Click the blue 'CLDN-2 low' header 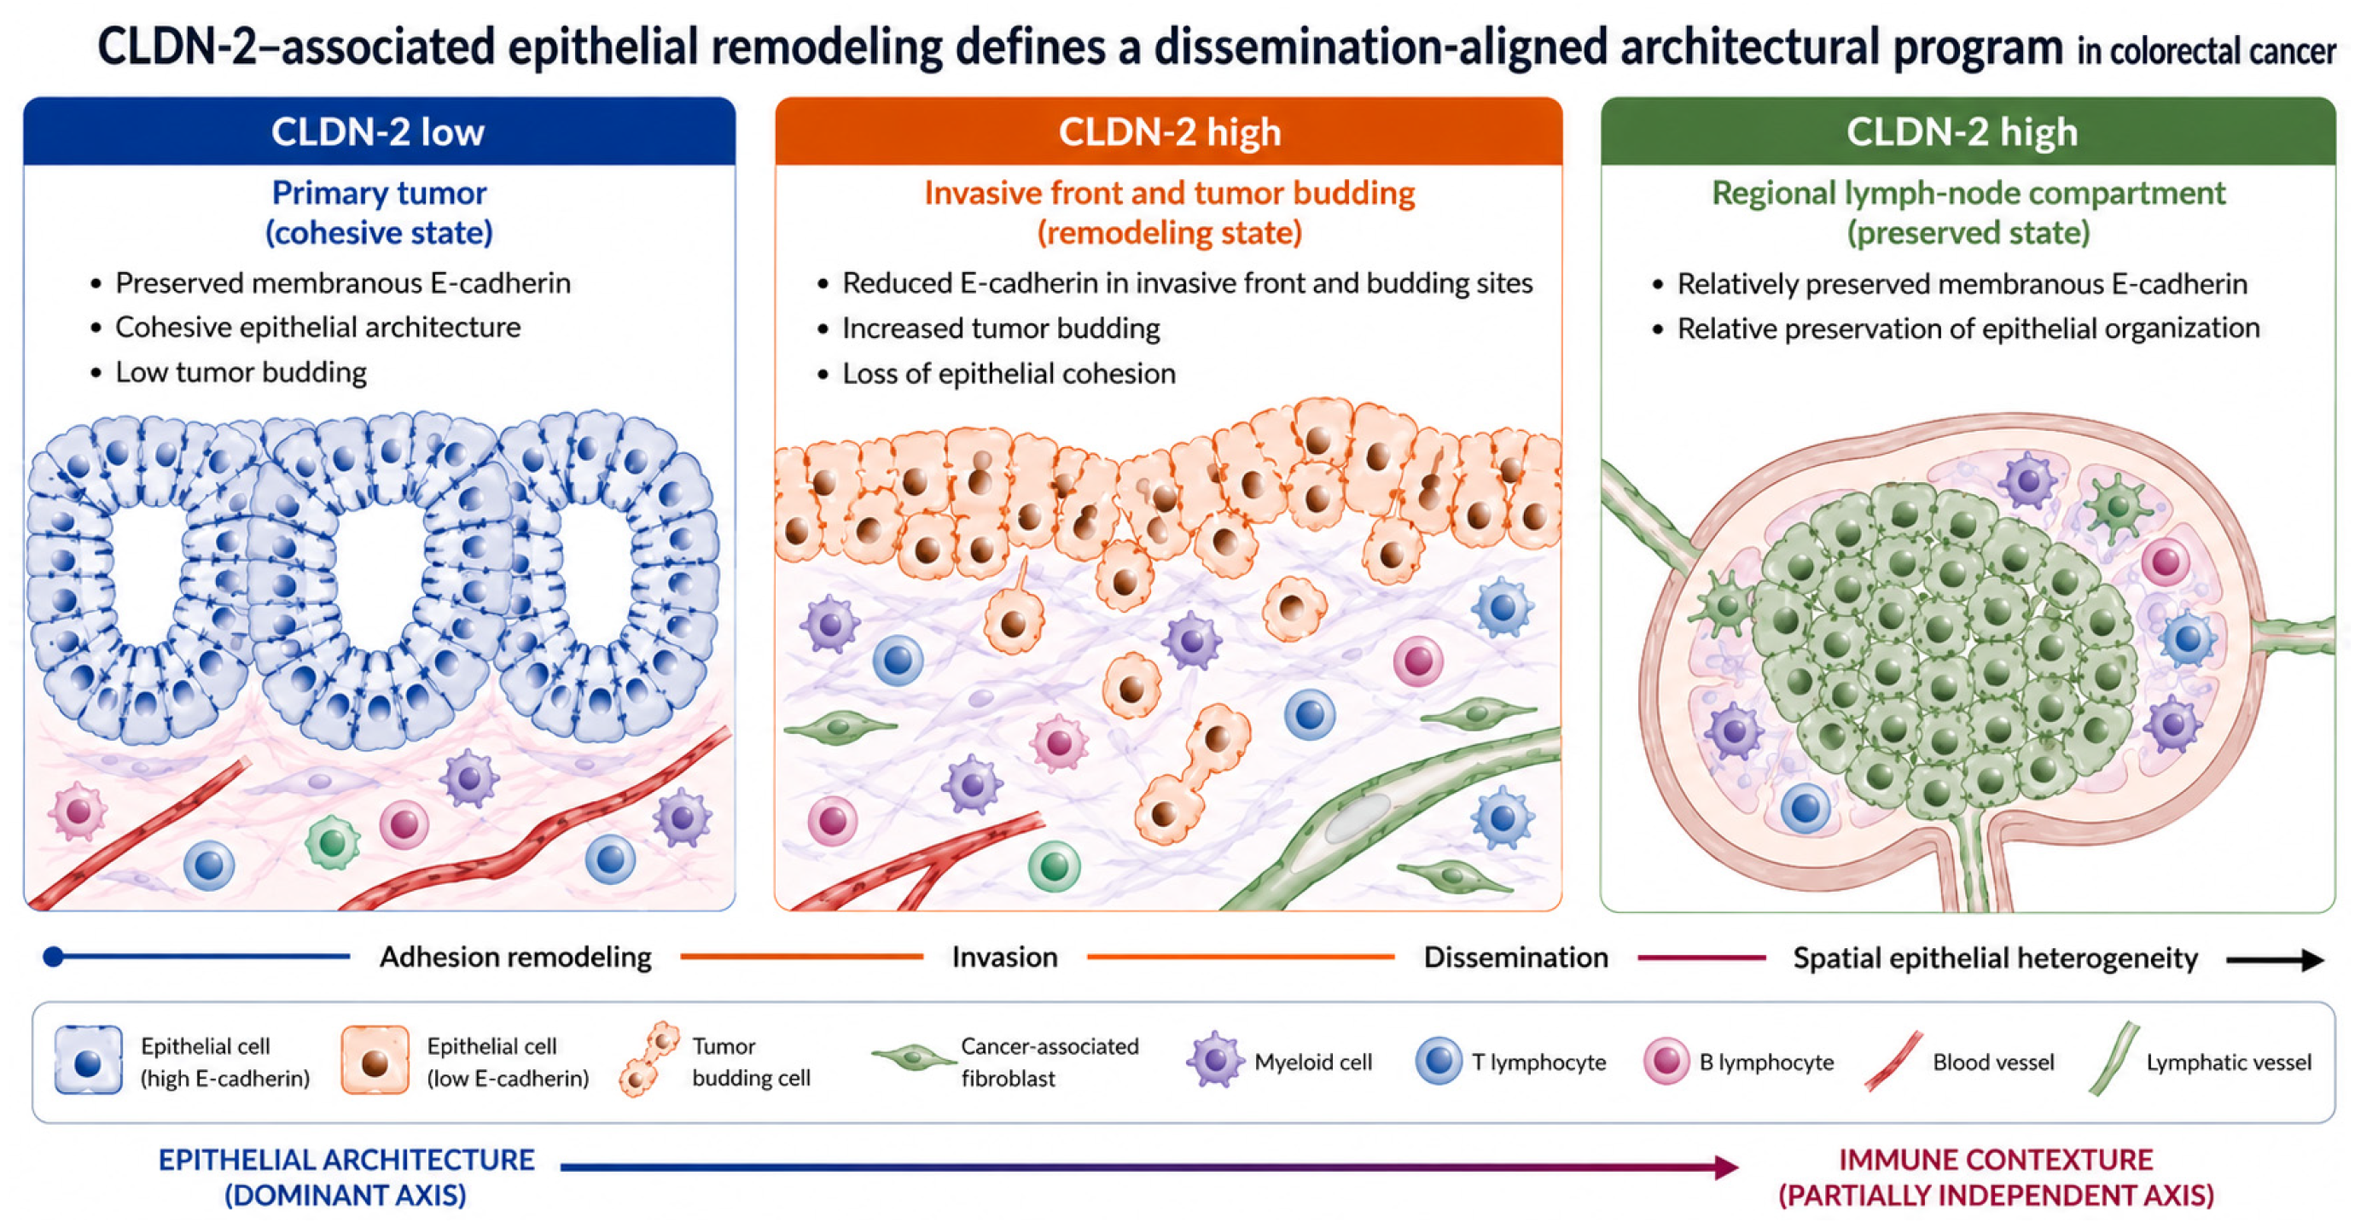coord(379,131)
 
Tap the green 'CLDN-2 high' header coord(1968,131)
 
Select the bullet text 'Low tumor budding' coord(241,372)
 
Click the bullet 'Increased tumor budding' coord(1001,329)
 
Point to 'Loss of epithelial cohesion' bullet coord(1009,373)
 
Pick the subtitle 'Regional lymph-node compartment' coord(1968,193)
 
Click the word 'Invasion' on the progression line coord(1005,957)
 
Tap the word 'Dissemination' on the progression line coord(1515,957)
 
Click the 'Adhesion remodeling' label coord(515,957)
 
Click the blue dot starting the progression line coord(54,957)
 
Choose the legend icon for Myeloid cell coord(1215,1060)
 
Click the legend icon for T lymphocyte coord(1439,1061)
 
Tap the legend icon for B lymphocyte coord(1666,1061)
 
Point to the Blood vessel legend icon coord(1893,1062)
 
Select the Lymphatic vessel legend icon coord(2114,1059)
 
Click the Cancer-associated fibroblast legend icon coord(913,1058)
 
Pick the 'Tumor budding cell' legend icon coord(650,1059)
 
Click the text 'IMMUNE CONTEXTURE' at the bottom coord(1996,1160)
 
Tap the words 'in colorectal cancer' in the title coord(2206,51)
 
